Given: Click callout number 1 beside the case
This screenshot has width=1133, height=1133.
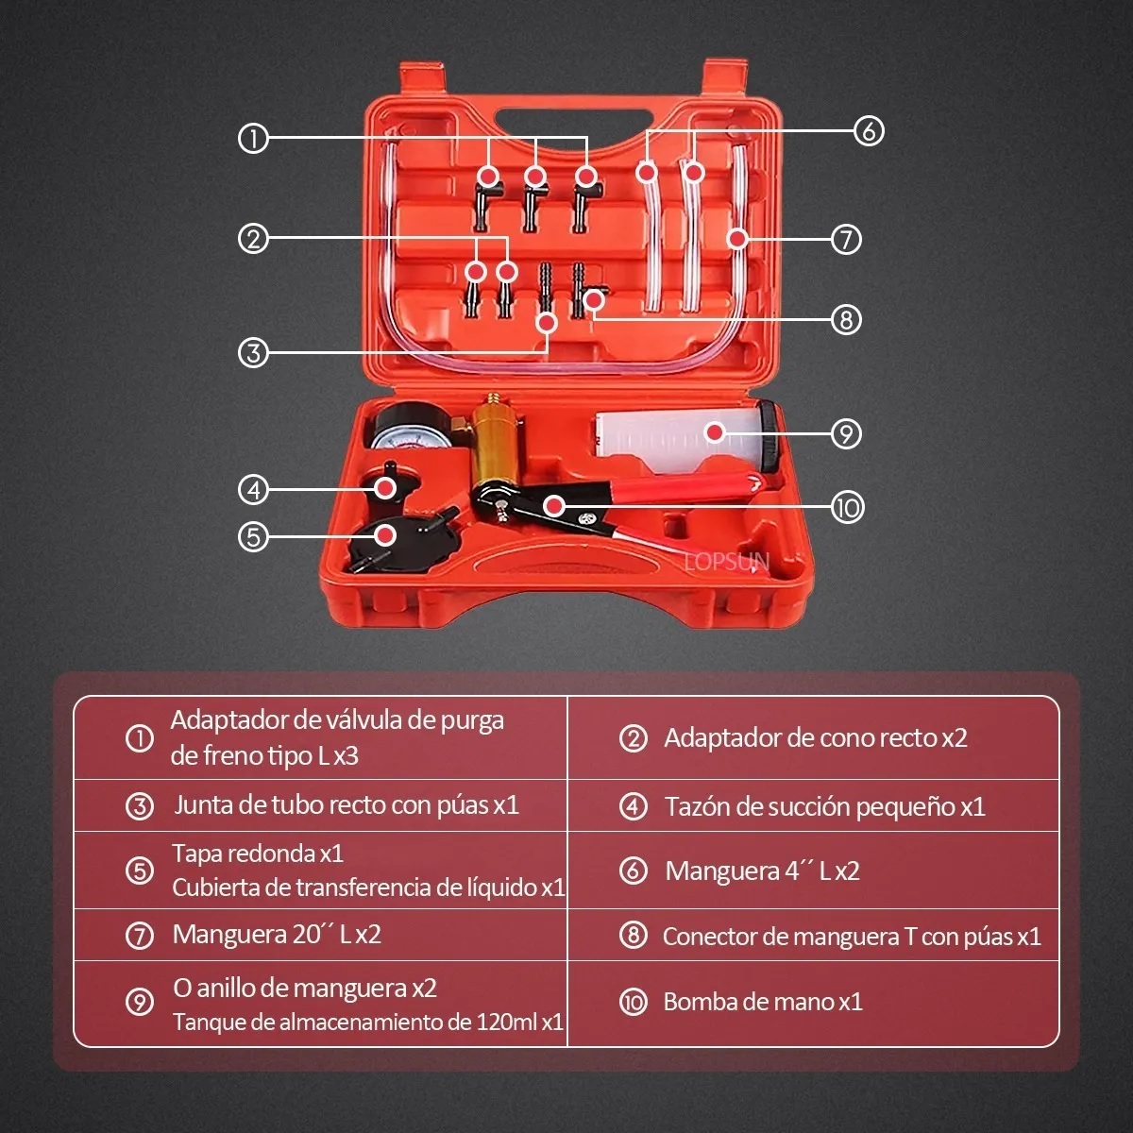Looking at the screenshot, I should coord(253,140).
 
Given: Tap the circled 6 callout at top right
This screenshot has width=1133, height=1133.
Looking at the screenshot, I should coord(869,130).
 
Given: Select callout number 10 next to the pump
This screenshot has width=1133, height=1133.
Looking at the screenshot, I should coord(847,508).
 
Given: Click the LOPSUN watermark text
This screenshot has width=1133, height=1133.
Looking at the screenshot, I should coord(727,563).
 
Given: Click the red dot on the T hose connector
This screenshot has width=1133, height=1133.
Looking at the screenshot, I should coord(593,300).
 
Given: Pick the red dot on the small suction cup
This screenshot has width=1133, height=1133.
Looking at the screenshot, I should coord(384,487).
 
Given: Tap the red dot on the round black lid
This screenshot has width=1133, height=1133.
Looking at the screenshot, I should coord(383,535).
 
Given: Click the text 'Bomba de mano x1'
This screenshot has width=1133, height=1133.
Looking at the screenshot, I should coord(763,1002).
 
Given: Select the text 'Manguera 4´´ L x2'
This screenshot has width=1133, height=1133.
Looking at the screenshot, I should coord(762,871).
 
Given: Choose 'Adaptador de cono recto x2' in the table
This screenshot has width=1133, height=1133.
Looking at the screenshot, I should coord(815,737).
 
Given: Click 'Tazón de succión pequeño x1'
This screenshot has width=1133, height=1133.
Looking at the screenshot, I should coord(824,806).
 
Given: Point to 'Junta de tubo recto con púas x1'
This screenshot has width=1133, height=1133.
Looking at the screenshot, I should coord(346,805).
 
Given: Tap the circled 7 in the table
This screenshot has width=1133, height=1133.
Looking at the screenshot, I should coord(139,936).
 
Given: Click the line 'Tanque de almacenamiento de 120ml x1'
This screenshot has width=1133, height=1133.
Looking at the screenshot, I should coord(367,1022).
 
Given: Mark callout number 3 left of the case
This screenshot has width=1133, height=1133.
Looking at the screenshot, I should coord(253,353).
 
